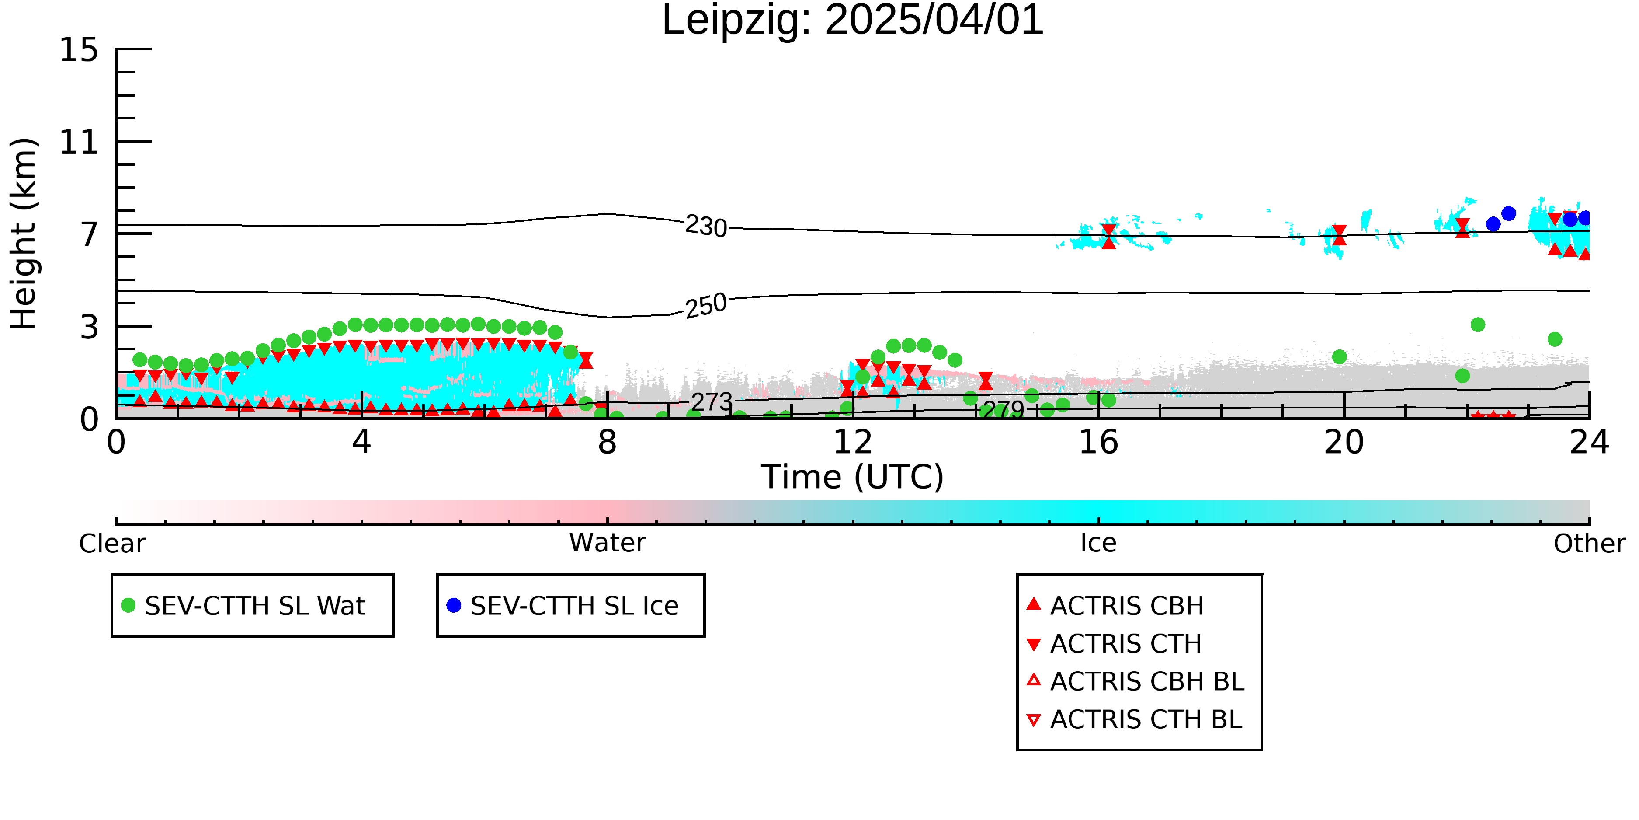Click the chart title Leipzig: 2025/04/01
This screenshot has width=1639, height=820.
(x=853, y=21)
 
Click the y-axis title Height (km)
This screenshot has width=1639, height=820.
(x=24, y=234)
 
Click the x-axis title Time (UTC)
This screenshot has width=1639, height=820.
(x=853, y=477)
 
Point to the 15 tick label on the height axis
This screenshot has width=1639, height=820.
(x=79, y=50)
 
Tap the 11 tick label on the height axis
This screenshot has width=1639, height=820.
(x=79, y=142)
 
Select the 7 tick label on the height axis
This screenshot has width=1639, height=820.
(x=90, y=234)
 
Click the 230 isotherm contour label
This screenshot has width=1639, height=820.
(x=706, y=226)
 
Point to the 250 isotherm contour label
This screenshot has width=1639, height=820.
(x=706, y=306)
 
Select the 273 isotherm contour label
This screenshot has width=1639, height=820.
(x=712, y=402)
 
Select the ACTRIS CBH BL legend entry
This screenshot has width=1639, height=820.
(x=1136, y=681)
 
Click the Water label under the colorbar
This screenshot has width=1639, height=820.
(x=608, y=543)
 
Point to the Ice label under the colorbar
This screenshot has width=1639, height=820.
(x=1098, y=543)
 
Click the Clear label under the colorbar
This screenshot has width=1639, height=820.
(x=112, y=544)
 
